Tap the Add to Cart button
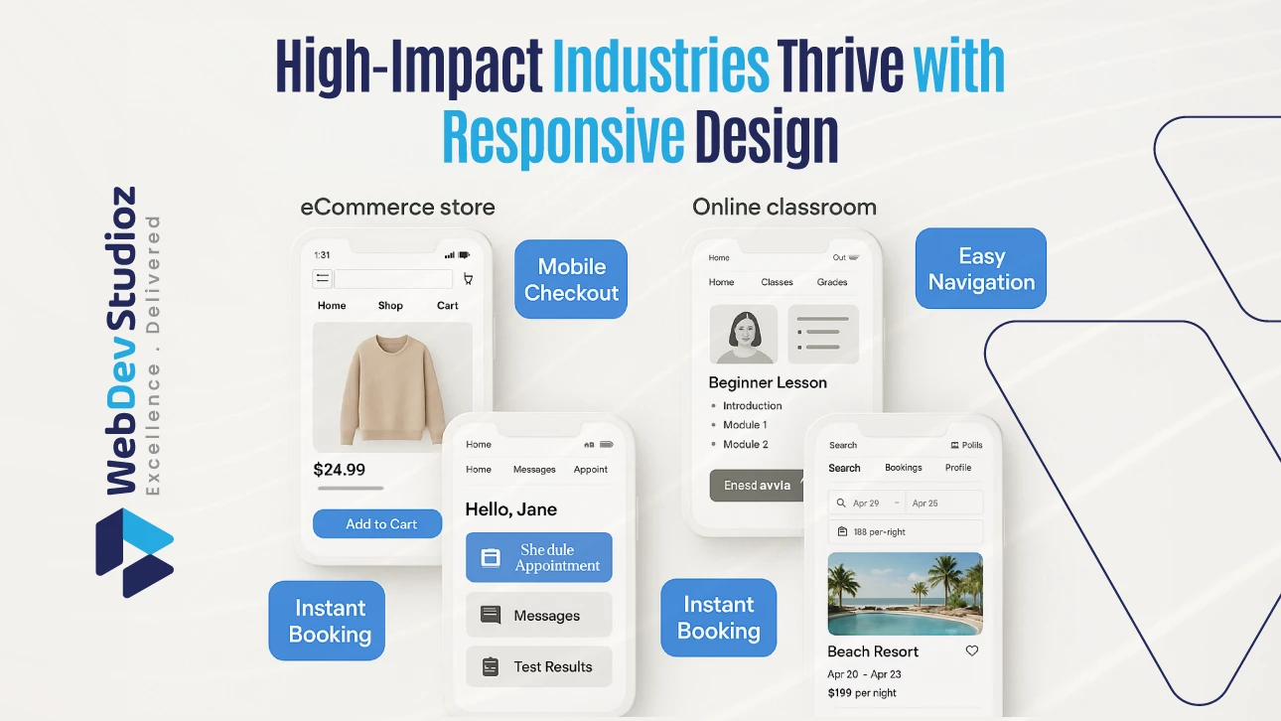(x=377, y=523)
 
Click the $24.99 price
(x=340, y=470)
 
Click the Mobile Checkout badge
(x=571, y=279)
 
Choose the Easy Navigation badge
(x=981, y=269)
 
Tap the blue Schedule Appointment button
(x=538, y=557)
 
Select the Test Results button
(x=538, y=666)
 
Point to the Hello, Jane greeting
(x=510, y=509)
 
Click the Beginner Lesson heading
(x=768, y=382)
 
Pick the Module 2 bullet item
(x=745, y=444)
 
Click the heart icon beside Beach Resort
(x=971, y=650)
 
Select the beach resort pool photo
(x=905, y=594)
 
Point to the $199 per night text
(x=862, y=692)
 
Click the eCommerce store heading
(x=397, y=207)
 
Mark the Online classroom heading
(x=784, y=207)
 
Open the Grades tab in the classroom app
(x=832, y=282)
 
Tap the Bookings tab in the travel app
(x=904, y=468)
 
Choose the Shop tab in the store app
(x=390, y=306)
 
